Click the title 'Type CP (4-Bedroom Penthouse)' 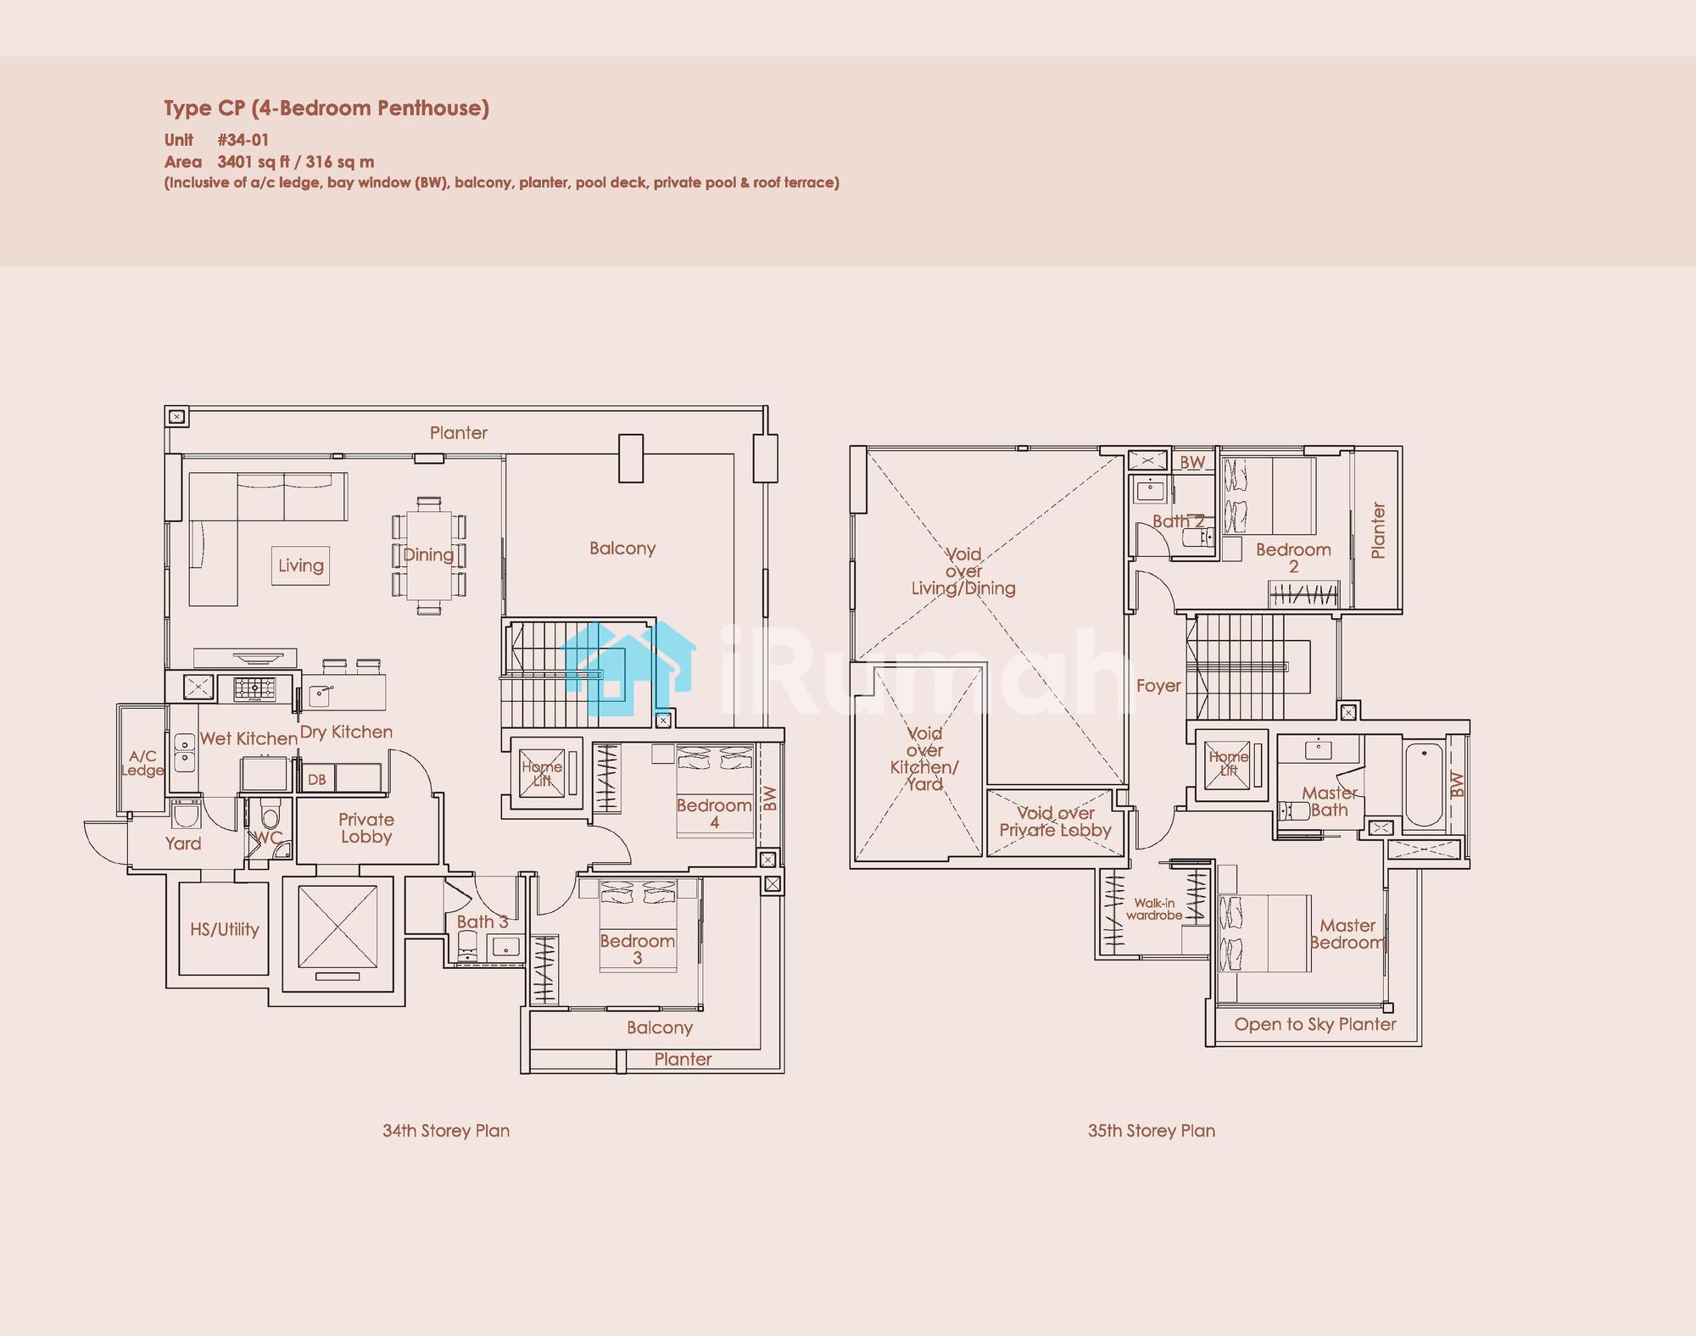[326, 109]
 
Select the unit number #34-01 [243, 140]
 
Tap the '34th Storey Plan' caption [446, 1130]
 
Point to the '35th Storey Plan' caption [1152, 1130]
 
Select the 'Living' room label [301, 565]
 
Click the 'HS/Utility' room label [225, 929]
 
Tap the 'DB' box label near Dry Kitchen [316, 779]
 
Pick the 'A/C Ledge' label [142, 763]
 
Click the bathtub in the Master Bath [1424, 784]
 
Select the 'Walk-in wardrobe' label [1154, 909]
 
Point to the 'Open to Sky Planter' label [1315, 1024]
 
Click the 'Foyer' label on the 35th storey [1158, 686]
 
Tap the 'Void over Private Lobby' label [1055, 821]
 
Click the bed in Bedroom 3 [638, 925]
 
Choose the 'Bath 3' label [482, 921]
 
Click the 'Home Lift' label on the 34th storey [542, 773]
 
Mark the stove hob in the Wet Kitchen [255, 688]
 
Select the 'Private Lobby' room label [366, 827]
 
